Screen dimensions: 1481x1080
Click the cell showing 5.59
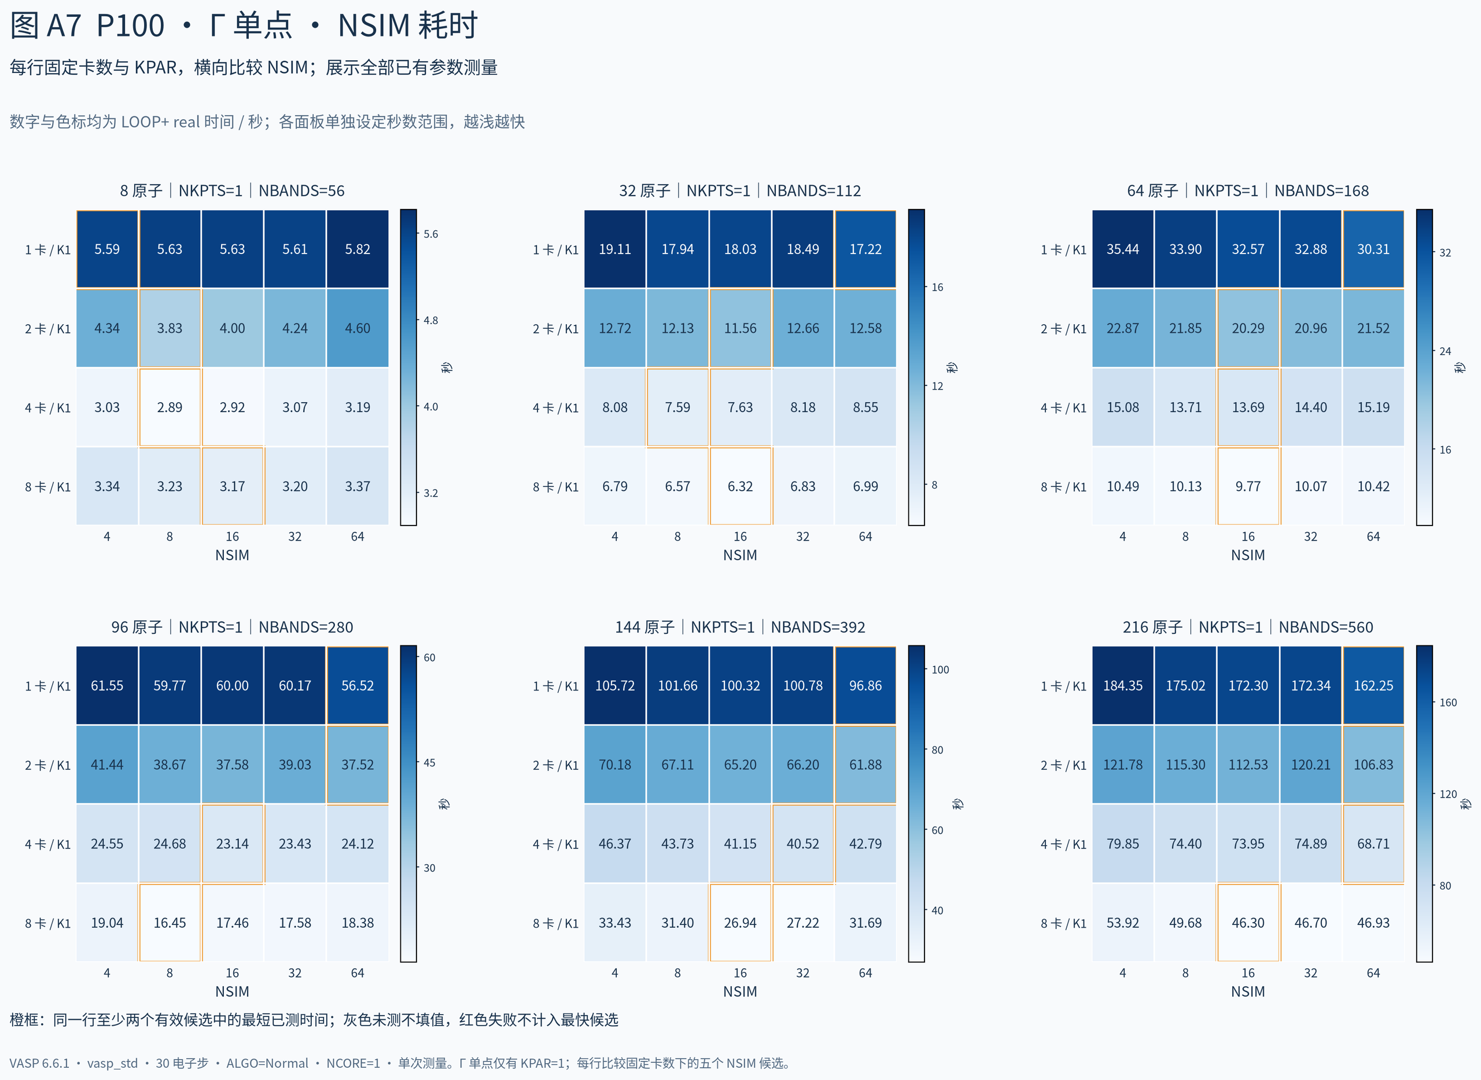click(x=107, y=249)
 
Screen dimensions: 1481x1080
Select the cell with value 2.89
click(x=170, y=407)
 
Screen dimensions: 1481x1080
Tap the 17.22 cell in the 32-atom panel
click(x=865, y=249)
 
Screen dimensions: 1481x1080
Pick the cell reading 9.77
click(x=1248, y=486)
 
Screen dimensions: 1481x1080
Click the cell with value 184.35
click(x=1122, y=686)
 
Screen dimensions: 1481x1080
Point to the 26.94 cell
click(x=740, y=923)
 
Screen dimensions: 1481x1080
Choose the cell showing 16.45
click(x=170, y=923)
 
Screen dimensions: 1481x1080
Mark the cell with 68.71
click(x=1373, y=844)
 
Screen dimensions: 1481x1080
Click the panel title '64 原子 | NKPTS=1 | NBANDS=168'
click(x=1248, y=191)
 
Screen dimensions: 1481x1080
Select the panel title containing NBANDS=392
click(x=740, y=627)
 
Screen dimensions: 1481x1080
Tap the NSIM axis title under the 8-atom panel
click(x=232, y=555)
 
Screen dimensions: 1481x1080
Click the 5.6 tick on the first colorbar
click(x=430, y=234)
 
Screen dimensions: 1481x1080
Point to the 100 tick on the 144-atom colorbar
click(x=940, y=670)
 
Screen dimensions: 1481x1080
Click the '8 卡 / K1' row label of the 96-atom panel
click(x=47, y=923)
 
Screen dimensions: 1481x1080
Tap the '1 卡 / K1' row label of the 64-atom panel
click(x=1063, y=249)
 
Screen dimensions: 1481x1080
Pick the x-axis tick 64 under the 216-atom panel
click(x=1373, y=973)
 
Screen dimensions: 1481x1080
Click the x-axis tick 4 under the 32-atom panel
click(x=615, y=537)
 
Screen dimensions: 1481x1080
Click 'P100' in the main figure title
click(x=131, y=26)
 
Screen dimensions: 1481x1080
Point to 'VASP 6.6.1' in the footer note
click(x=39, y=1064)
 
